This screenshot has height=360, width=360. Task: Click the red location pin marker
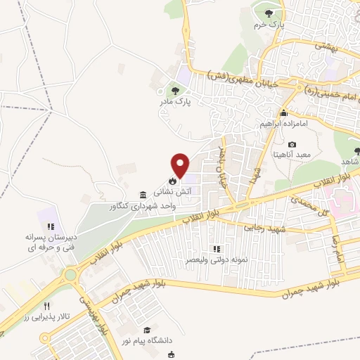[181, 165]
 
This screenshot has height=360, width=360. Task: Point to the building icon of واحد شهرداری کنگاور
[143, 195]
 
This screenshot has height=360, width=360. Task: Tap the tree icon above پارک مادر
[175, 90]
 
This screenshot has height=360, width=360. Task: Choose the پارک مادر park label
[174, 102]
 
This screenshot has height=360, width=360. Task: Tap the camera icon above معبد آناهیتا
[292, 144]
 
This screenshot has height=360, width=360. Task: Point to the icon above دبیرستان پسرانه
[50, 226]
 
